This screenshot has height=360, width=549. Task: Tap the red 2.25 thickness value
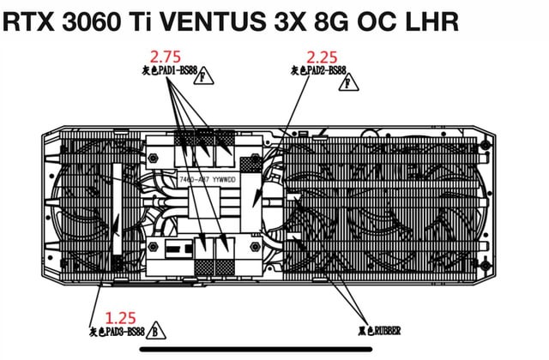[323, 57]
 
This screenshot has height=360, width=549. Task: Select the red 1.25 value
[120, 317]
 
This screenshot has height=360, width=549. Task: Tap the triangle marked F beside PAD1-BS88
[202, 78]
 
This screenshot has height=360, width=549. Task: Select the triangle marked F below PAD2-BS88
[350, 82]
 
